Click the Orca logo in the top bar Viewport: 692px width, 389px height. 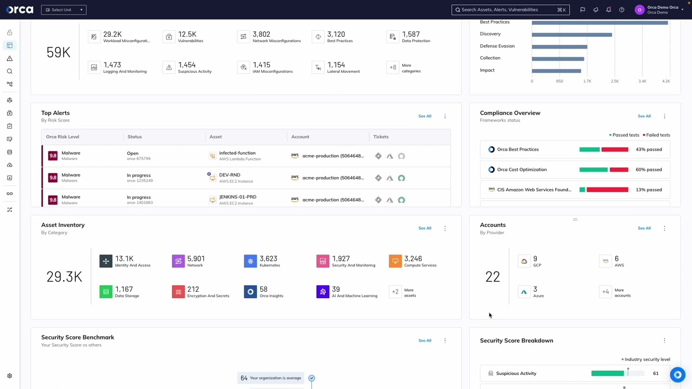point(19,10)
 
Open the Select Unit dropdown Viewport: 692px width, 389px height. point(64,10)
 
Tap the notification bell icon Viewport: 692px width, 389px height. point(609,10)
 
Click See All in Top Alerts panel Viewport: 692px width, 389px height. point(424,116)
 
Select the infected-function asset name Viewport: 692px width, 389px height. point(237,153)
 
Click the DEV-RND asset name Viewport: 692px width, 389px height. point(229,175)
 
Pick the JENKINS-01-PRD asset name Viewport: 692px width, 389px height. point(237,197)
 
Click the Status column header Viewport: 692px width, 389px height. point(135,137)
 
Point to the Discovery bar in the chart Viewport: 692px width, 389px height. point(571,35)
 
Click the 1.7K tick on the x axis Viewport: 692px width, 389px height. point(587,81)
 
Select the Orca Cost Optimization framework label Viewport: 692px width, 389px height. point(521,170)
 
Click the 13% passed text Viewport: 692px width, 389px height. point(649,190)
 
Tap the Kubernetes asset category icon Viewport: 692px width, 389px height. point(250,261)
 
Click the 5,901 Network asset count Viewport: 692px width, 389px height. point(196,259)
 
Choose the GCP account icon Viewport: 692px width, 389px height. point(524,261)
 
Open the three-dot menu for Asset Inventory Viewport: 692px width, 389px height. point(445,229)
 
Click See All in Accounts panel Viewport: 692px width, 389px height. point(644,228)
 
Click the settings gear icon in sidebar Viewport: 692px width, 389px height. point(9,376)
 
